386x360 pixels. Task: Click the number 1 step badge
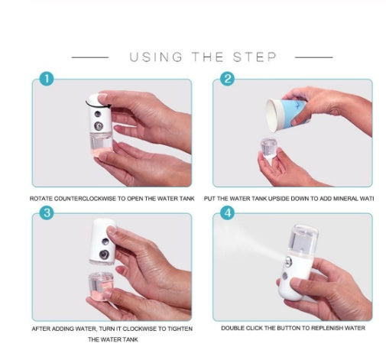(47, 79)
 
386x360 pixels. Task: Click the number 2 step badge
(227, 79)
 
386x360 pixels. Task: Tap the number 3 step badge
(47, 213)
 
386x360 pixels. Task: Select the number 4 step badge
(227, 213)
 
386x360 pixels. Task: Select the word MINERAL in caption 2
(341, 199)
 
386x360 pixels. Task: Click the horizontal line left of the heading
(90, 57)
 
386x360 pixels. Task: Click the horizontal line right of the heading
(313, 57)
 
